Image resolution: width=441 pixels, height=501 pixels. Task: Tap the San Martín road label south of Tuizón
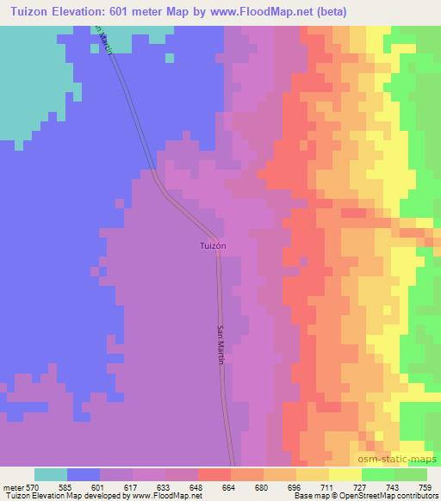point(220,345)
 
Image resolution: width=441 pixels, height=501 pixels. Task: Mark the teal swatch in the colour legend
point(51,474)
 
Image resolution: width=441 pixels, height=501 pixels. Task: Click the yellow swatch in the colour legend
point(345,474)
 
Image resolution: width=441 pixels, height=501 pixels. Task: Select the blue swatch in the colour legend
point(84,474)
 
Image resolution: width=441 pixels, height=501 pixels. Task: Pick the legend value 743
point(393,486)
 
